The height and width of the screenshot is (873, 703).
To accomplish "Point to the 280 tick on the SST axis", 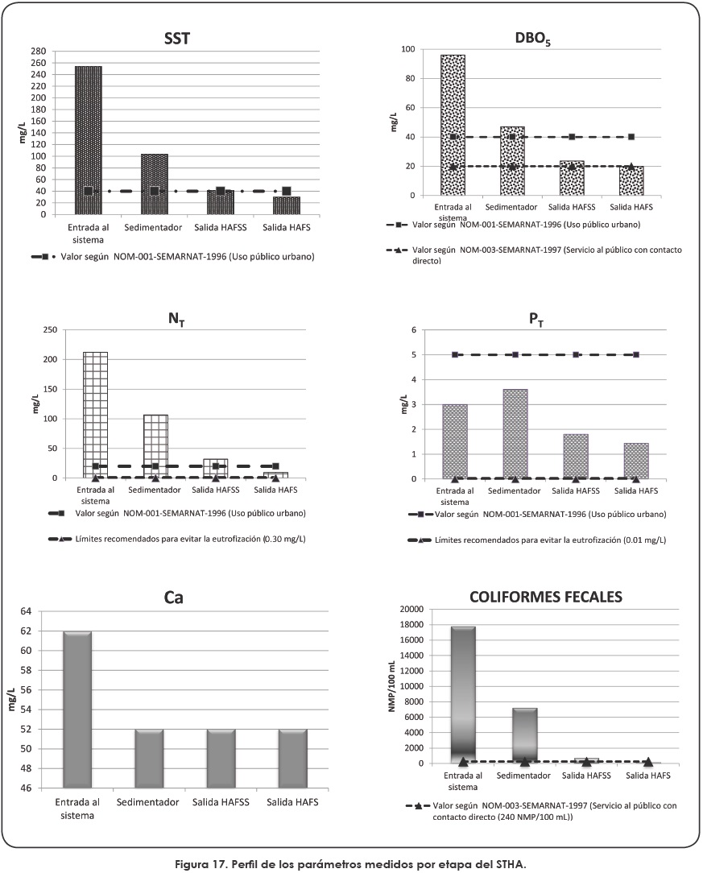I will (39, 50).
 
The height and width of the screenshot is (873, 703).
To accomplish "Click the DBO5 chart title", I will (533, 38).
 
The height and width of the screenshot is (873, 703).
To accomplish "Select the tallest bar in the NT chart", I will (95, 415).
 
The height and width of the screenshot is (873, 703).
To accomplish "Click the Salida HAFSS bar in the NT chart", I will (215, 469).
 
